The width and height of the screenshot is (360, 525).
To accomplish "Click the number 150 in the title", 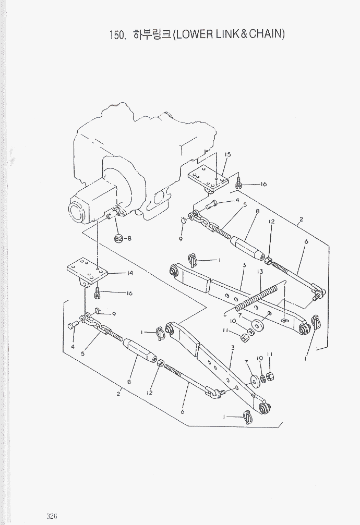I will click(x=116, y=35).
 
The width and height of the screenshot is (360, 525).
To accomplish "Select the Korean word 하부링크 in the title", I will click(x=152, y=35).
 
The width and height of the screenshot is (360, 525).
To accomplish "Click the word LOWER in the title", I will click(x=194, y=35).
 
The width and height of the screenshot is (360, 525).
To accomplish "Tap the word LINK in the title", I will click(x=228, y=35).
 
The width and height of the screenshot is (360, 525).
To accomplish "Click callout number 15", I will click(x=227, y=155).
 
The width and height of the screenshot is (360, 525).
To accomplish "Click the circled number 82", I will click(x=118, y=239).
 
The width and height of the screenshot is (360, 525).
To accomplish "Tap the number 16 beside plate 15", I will click(x=263, y=184).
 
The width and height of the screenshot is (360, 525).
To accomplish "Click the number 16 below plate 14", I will click(x=129, y=294).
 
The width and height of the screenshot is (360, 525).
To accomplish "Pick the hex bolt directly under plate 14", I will click(x=98, y=295).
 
